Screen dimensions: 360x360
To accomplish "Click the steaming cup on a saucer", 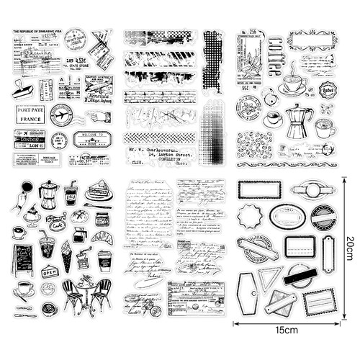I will point(292,84).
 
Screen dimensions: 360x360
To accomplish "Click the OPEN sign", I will point(50,272).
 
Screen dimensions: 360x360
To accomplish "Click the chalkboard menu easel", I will point(24,258).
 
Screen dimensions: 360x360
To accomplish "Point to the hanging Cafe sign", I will point(57,223).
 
